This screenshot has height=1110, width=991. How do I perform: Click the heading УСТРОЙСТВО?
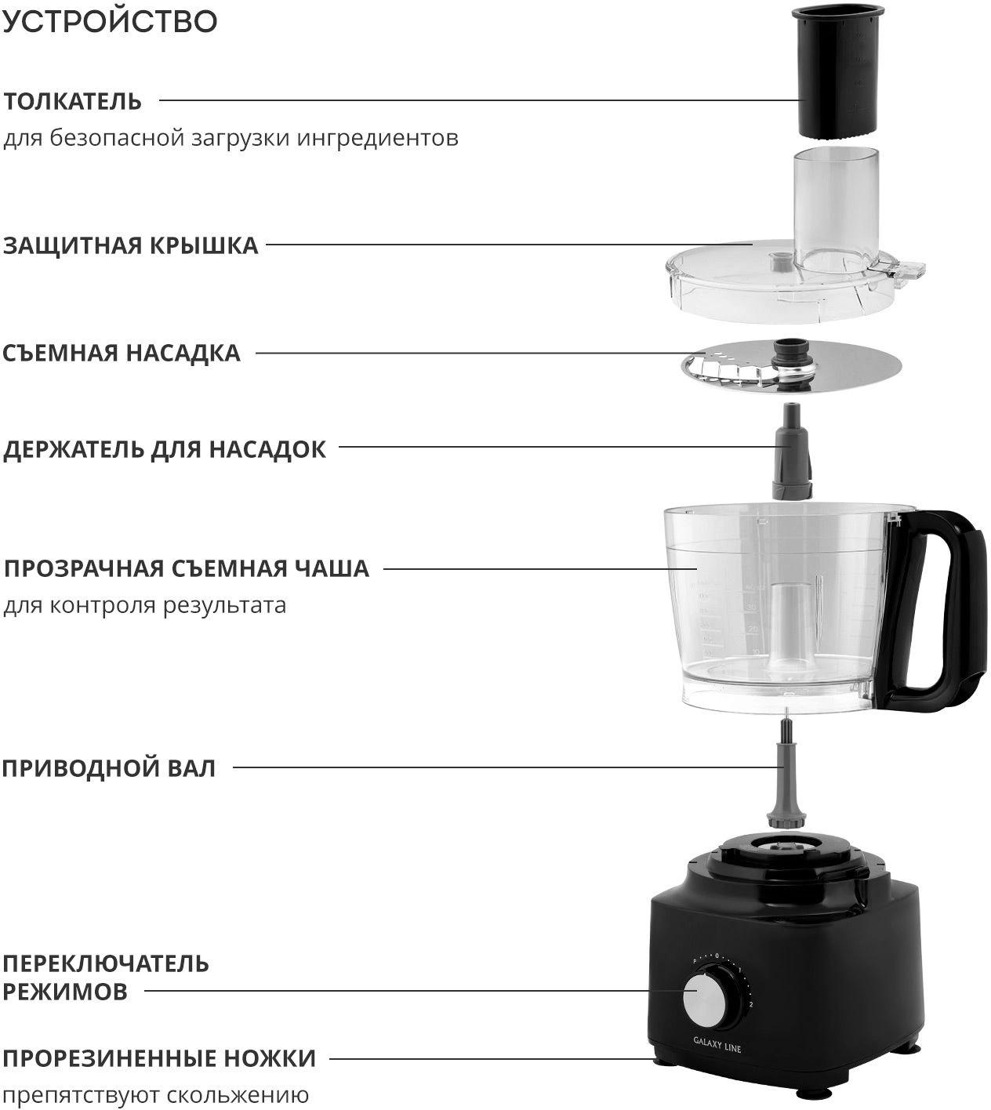pyautogui.click(x=111, y=21)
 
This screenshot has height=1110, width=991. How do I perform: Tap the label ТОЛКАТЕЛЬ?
pyautogui.click(x=73, y=102)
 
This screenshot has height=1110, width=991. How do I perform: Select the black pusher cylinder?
pyautogui.click(x=837, y=71)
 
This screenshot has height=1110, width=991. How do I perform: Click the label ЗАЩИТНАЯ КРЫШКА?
pyautogui.click(x=130, y=246)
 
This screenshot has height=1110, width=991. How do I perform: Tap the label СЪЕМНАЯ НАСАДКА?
pyautogui.click(x=122, y=354)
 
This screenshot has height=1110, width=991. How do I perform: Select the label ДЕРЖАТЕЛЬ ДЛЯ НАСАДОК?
pyautogui.click(x=165, y=450)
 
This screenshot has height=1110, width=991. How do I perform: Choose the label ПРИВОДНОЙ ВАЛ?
pyautogui.click(x=109, y=768)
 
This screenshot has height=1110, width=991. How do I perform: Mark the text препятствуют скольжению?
pyautogui.click(x=156, y=1095)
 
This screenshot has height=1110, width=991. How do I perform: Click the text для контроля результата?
pyautogui.click(x=145, y=606)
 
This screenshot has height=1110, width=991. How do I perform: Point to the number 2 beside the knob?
pyautogui.click(x=751, y=1004)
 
